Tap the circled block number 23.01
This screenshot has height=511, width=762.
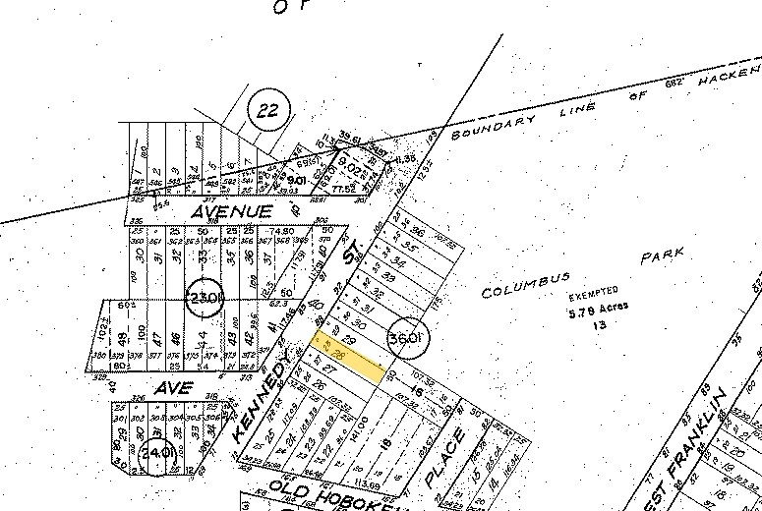point(206,298)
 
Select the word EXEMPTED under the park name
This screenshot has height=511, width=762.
point(595,292)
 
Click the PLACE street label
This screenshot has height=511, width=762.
point(444,457)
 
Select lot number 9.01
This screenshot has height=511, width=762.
point(296,181)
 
